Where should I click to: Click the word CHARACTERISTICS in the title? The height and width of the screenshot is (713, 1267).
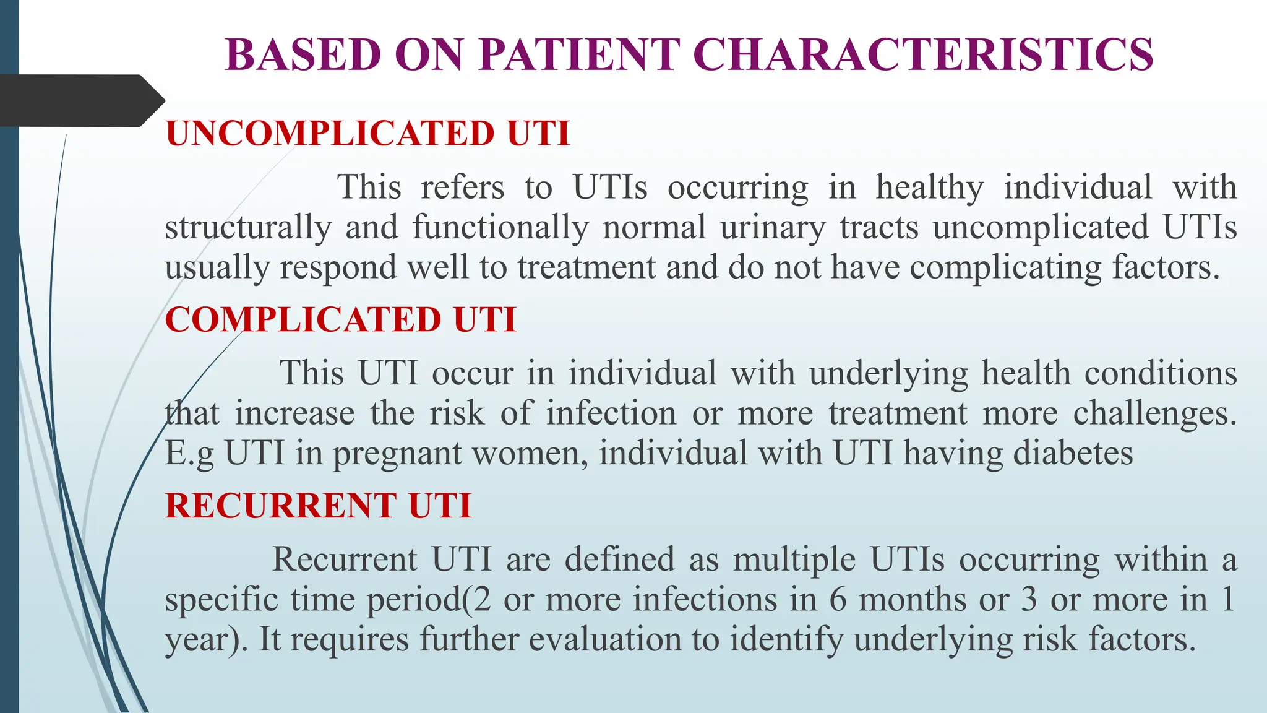point(926,54)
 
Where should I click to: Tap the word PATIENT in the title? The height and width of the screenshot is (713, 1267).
point(579,54)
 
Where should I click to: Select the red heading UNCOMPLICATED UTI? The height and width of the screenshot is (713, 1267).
point(367,133)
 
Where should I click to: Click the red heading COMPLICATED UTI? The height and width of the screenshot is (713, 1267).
point(340,319)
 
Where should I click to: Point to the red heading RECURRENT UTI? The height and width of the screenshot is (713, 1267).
point(318,505)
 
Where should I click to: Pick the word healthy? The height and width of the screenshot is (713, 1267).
point(929,187)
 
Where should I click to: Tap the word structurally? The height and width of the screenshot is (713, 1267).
point(248,227)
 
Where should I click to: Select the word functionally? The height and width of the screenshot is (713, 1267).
point(500,227)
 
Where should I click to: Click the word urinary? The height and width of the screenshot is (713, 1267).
point(773,227)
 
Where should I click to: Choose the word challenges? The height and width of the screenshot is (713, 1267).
point(1154,413)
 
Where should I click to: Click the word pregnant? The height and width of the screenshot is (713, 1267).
point(397,454)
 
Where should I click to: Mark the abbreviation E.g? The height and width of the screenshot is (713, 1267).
point(189,454)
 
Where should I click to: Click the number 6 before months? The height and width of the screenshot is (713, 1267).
point(838,599)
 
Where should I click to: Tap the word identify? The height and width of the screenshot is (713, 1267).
point(786,639)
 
